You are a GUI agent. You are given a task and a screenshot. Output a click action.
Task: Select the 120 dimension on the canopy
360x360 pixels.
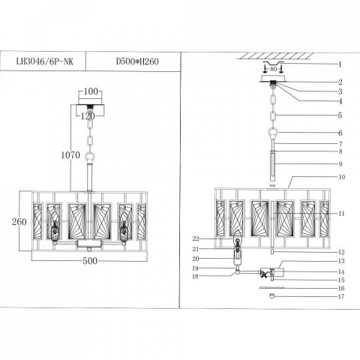coord(89,116)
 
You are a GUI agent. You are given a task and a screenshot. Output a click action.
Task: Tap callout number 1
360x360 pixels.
coord(340,64)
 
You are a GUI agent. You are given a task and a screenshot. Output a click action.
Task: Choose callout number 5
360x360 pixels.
coord(340,116)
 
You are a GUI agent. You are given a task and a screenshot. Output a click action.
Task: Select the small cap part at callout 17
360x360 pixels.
coord(271,295)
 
